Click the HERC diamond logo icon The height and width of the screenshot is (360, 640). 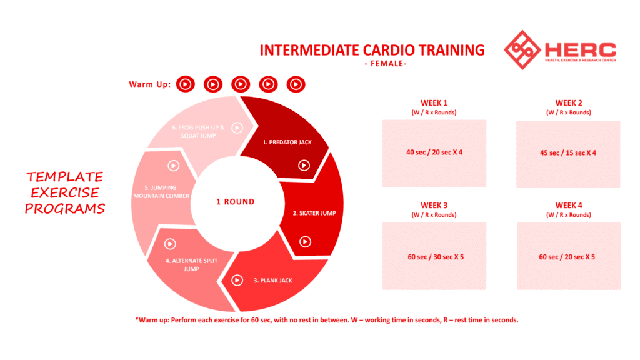pos(522,50)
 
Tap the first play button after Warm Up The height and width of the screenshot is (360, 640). pos(185,84)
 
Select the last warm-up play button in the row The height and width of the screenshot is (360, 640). pos(296,84)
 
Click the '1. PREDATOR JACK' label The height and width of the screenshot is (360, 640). pos(287,142)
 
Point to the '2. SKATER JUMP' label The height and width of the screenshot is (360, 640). pos(314,213)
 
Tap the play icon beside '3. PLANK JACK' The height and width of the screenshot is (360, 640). pos(237,281)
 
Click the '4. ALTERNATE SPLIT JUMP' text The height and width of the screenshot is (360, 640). pos(191,265)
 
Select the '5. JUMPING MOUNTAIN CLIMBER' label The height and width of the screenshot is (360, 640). pos(161,192)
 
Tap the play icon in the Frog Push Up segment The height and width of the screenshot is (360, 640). pos(237,127)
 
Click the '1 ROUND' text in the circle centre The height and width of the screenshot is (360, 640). pos(236,202)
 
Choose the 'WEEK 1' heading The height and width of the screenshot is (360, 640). pos(434,103)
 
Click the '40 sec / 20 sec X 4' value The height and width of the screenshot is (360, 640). pos(434,152)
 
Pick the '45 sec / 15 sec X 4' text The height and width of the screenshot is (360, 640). pos(567,153)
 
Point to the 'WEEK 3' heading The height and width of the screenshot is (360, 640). pos(434,205)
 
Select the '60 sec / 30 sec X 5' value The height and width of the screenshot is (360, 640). pos(436,257)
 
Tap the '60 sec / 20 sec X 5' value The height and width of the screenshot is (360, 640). pos(567,257)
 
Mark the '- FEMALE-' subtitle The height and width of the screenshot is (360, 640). pos(386,64)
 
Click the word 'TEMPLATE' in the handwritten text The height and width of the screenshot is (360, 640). pos(65,177)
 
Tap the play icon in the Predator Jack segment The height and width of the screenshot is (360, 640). pos(304,165)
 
